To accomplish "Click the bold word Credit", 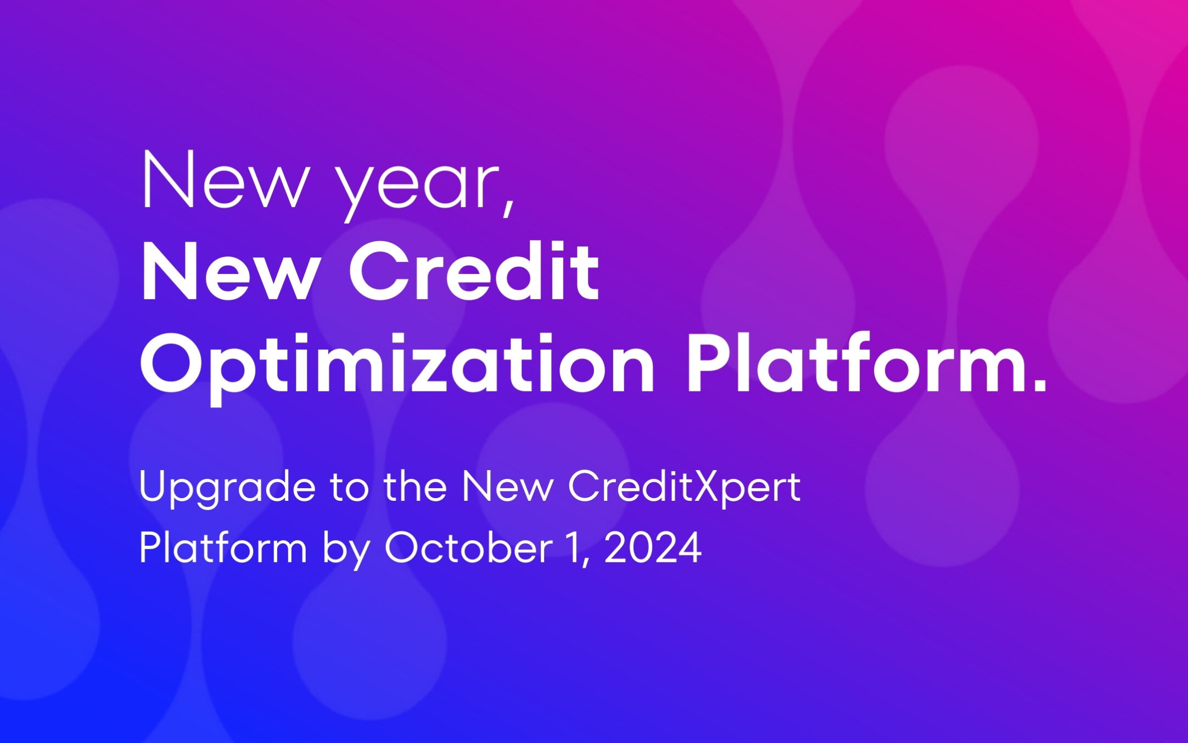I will point(473,272).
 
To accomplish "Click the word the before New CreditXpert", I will point(415,487).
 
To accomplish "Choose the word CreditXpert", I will point(684,488).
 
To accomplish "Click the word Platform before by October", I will point(223,548).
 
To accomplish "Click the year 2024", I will point(653,548).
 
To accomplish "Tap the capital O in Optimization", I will point(174,365).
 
